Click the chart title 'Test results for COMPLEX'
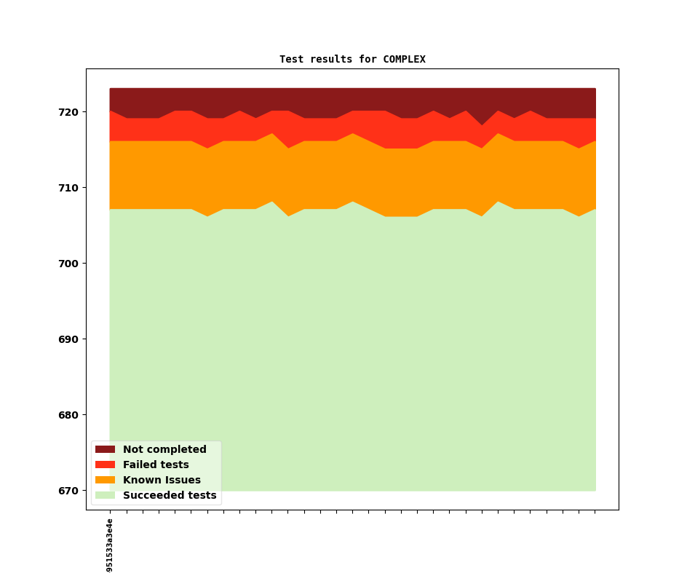point(352,60)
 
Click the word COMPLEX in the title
point(404,60)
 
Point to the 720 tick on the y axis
point(69,112)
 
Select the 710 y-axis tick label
point(69,188)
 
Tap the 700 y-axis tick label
point(69,264)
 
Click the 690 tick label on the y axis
point(69,339)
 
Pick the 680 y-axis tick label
point(69,415)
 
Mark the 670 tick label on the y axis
point(69,491)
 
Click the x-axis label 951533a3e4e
point(110,545)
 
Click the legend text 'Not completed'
point(164,450)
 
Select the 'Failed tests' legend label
point(156,465)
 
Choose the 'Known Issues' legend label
point(162,481)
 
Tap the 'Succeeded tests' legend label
point(170,496)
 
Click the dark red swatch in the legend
point(105,450)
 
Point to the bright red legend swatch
point(105,465)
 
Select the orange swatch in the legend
point(105,481)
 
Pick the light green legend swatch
point(105,496)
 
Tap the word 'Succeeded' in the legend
point(151,496)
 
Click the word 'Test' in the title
point(292,60)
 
